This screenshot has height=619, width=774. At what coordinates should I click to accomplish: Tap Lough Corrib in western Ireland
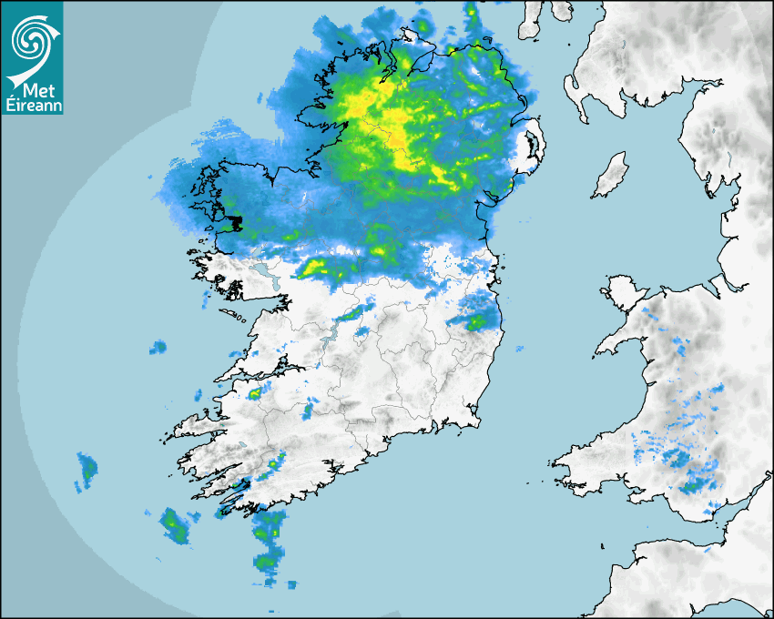pyautogui.click(x=264, y=272)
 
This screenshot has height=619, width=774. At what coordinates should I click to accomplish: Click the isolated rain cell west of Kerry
pyautogui.click(x=87, y=470)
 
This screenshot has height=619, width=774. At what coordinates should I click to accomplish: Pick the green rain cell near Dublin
pyautogui.click(x=476, y=320)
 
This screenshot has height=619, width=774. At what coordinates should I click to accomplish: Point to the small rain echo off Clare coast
pyautogui.click(x=158, y=347)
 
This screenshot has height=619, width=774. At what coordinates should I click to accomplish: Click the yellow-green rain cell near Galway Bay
pyautogui.click(x=316, y=267)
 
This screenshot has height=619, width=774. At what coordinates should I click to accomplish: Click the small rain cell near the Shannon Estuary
pyautogui.click(x=254, y=393)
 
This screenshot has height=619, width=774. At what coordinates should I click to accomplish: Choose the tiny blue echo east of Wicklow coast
pyautogui.click(x=520, y=349)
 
